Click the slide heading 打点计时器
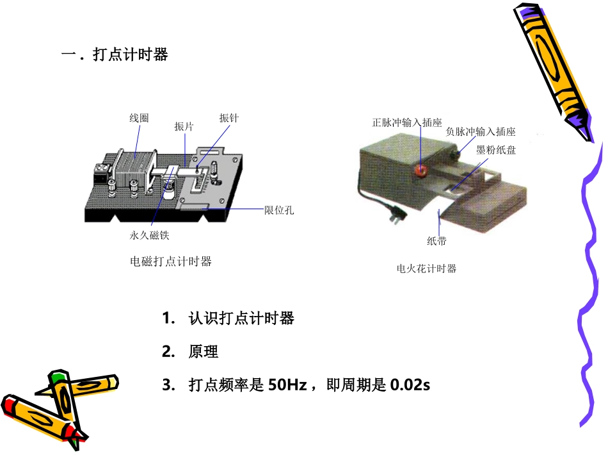(130, 55)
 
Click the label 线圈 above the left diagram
(139, 118)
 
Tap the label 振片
(184, 126)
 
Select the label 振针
(228, 118)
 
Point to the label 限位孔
(279, 210)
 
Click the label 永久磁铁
(149, 235)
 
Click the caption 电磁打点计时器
(170, 262)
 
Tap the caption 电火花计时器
(426, 269)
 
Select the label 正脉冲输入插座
(407, 122)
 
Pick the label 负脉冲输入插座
(481, 132)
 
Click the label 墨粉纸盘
(496, 149)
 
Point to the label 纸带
(436, 241)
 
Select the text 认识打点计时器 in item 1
(241, 318)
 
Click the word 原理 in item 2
(204, 351)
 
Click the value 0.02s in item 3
(410, 385)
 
